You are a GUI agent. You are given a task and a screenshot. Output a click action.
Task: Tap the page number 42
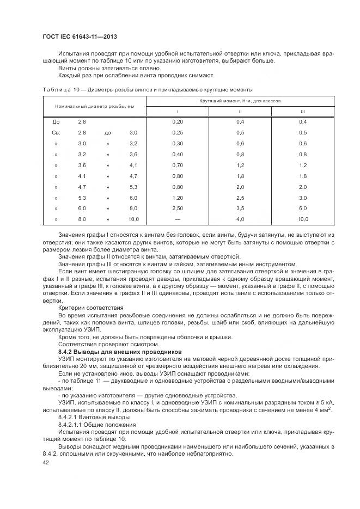(x=45, y=462)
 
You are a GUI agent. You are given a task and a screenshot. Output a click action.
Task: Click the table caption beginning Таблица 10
(x=147, y=89)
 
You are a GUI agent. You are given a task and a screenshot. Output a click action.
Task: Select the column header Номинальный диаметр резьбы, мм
(x=93, y=106)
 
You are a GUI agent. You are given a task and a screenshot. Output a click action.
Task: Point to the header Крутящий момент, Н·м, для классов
(x=240, y=101)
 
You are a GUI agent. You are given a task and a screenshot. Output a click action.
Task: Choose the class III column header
(x=303, y=112)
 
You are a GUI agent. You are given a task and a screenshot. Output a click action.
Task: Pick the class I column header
(x=177, y=112)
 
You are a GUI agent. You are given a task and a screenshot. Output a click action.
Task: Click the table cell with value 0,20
(x=177, y=122)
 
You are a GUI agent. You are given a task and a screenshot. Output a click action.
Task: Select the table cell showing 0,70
(x=177, y=165)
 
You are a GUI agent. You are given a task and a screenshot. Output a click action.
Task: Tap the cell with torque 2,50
(x=177, y=208)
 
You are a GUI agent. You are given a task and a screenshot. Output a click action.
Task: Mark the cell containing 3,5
(x=240, y=208)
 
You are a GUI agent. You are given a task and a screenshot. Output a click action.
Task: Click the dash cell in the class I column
(x=177, y=219)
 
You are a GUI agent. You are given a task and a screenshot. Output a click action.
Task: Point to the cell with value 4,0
(x=240, y=219)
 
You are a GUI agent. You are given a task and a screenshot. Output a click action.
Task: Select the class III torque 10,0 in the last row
(x=303, y=219)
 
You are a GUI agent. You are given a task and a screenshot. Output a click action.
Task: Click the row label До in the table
(x=56, y=122)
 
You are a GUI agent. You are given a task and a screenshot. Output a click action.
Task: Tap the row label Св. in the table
(x=56, y=133)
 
